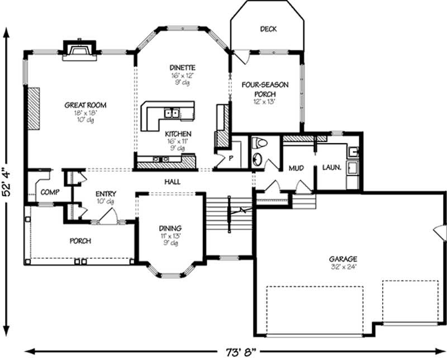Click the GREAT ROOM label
pyautogui.click(x=85, y=105)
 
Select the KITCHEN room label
pyautogui.click(x=178, y=134)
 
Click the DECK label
pyautogui.click(x=268, y=29)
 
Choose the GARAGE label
pyautogui.click(x=343, y=259)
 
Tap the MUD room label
pyautogui.click(x=296, y=168)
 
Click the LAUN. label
pyautogui.click(x=331, y=168)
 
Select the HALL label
pyautogui.click(x=172, y=182)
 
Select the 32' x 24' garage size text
pyautogui.click(x=343, y=267)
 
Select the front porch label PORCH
pyautogui.click(x=80, y=241)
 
